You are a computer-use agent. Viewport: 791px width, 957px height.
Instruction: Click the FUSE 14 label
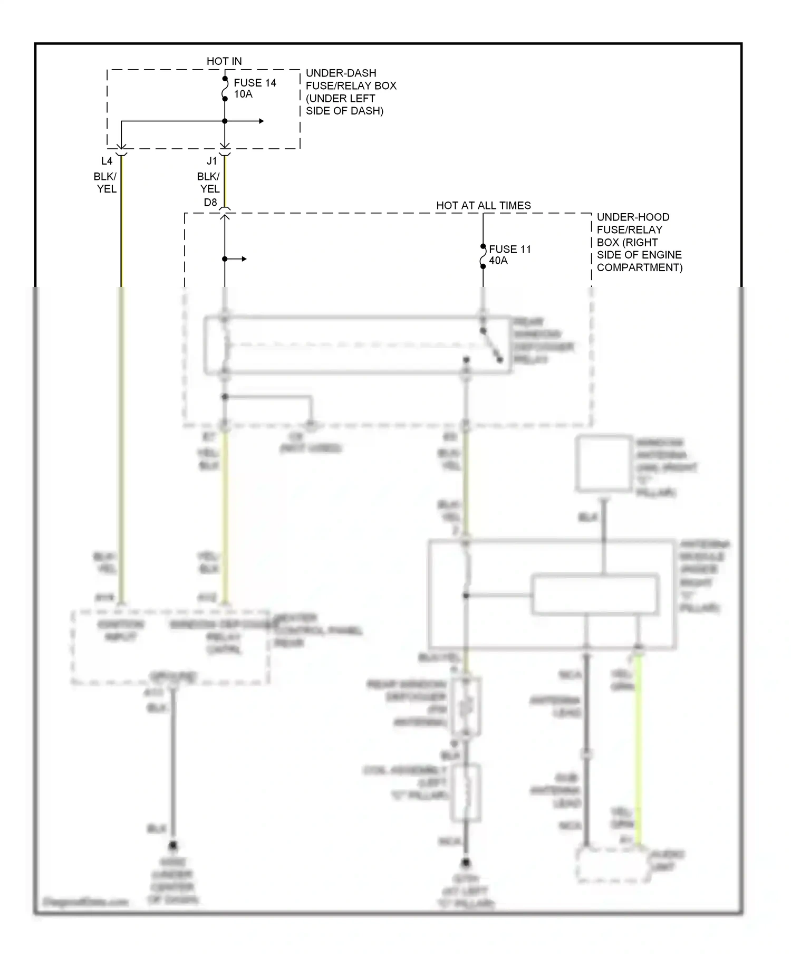pyautogui.click(x=255, y=83)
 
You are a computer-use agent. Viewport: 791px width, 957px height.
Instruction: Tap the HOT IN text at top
pyautogui.click(x=224, y=61)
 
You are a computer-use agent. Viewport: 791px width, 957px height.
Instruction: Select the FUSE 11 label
pyautogui.click(x=509, y=249)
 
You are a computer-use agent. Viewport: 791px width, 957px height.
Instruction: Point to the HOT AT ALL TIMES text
pyautogui.click(x=483, y=206)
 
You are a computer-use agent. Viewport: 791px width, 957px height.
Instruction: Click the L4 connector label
pyautogui.click(x=107, y=161)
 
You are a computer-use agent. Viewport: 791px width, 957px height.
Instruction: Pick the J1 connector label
pyautogui.click(x=211, y=161)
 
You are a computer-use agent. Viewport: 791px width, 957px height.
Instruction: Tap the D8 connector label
pyautogui.click(x=210, y=203)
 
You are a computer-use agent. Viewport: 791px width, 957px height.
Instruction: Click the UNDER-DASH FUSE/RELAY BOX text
pyautogui.click(x=351, y=92)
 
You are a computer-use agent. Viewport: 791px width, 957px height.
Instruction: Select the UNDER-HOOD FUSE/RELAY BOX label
pyautogui.click(x=639, y=242)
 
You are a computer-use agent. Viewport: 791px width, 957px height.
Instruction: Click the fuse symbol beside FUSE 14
pyautogui.click(x=225, y=89)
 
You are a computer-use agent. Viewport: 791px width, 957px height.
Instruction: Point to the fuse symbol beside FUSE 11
pyautogui.click(x=483, y=256)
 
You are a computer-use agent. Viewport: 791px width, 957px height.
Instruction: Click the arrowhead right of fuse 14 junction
pyautogui.click(x=261, y=121)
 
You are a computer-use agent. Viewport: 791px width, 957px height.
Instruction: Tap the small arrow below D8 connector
pyautogui.click(x=243, y=259)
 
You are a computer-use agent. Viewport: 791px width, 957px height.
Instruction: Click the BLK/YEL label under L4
pyautogui.click(x=106, y=183)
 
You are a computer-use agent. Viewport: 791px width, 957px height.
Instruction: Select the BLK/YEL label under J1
pyautogui.click(x=209, y=183)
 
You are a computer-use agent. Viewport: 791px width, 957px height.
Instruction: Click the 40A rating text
pyautogui.click(x=498, y=261)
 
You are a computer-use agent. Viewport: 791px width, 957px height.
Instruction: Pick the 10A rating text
pyautogui.click(x=243, y=94)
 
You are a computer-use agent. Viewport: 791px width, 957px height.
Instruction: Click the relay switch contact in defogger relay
pyautogui.click(x=491, y=346)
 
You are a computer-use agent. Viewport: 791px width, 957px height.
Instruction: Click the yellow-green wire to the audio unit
pyautogui.click(x=638, y=749)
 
